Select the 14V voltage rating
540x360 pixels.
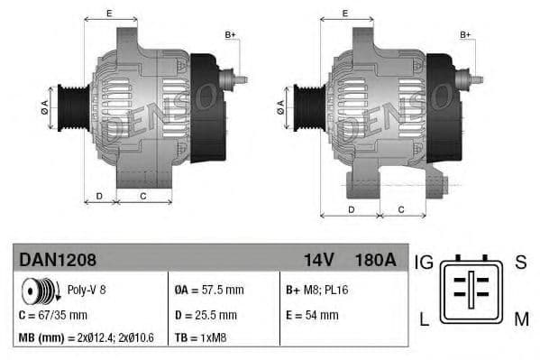(318, 260)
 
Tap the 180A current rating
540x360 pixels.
(375, 260)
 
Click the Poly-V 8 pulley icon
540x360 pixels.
(39, 291)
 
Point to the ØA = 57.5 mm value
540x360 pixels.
(208, 291)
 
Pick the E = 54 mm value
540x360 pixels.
(312, 315)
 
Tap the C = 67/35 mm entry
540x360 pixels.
(53, 315)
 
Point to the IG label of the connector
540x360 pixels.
(424, 263)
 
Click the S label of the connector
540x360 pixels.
(519, 263)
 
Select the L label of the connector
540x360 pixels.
(425, 317)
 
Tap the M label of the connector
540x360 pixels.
(521, 317)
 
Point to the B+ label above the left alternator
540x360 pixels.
(230, 35)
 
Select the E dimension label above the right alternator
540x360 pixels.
(345, 14)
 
